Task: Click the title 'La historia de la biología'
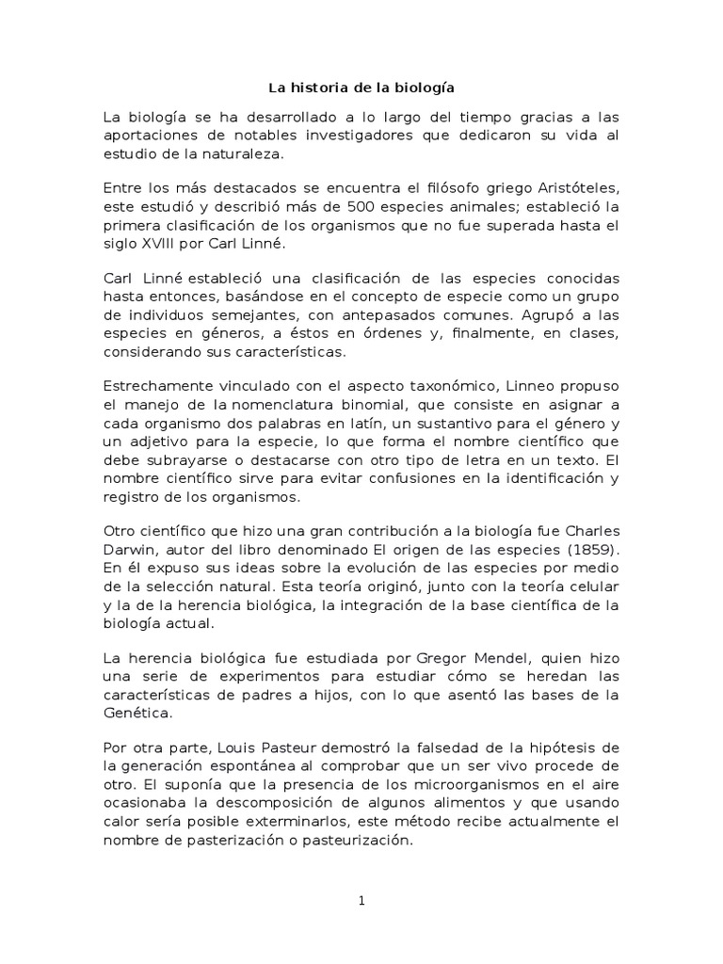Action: tap(361, 88)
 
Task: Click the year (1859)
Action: tap(587, 549)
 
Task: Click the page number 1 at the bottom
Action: tap(361, 901)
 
